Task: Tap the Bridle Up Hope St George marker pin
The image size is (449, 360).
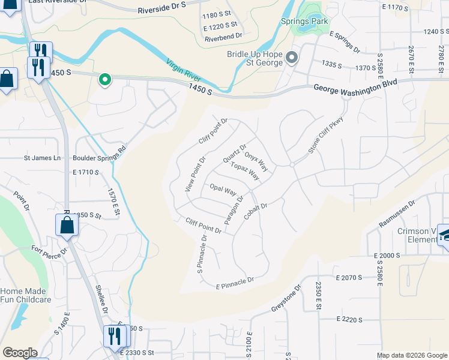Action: (x=292, y=58)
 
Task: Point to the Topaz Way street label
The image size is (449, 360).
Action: (x=245, y=171)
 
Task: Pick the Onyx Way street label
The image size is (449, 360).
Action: (x=256, y=160)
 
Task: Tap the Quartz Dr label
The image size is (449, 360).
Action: (x=235, y=153)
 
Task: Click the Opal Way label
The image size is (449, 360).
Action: (x=222, y=190)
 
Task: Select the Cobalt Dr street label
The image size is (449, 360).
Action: (x=255, y=211)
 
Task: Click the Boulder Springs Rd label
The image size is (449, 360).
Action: (x=100, y=155)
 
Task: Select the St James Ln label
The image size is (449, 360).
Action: (x=43, y=158)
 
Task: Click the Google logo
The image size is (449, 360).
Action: (x=20, y=353)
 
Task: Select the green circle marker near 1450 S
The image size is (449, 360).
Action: (x=104, y=79)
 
